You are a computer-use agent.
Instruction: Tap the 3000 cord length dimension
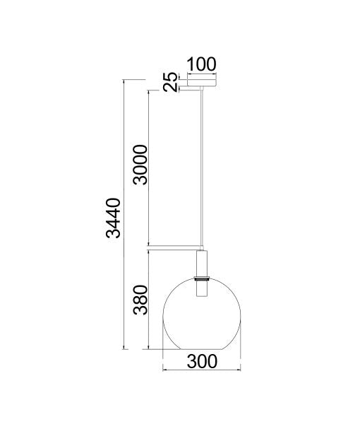coord(140,164)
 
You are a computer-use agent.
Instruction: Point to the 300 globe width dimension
coord(202,361)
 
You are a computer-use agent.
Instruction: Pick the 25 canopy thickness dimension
coord(169,83)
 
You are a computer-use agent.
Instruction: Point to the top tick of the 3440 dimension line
coord(125,81)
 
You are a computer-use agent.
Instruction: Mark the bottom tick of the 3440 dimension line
coord(125,351)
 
